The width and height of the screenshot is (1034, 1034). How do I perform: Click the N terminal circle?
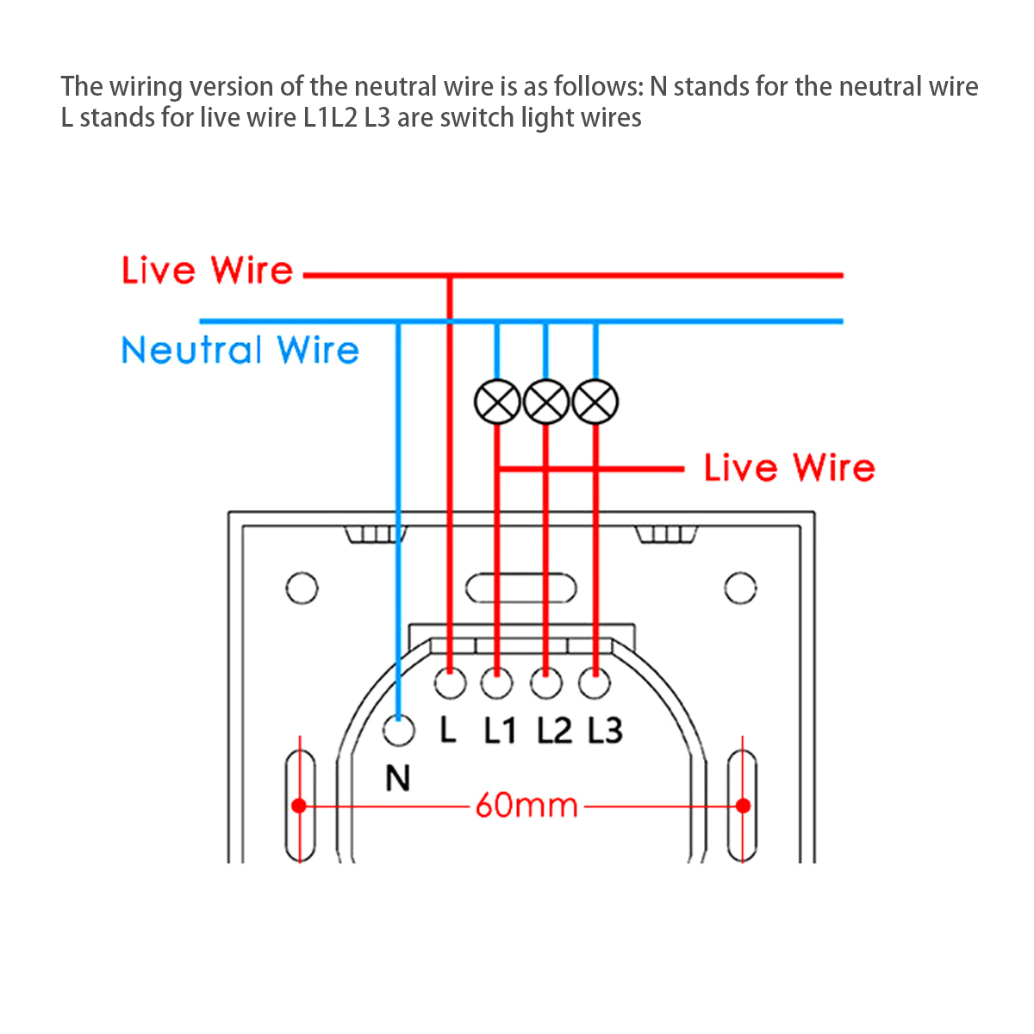point(398,732)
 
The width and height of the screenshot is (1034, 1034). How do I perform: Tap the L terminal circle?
point(450,684)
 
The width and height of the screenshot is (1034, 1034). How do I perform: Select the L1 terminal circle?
point(496,684)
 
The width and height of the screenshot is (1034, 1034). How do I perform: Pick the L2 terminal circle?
point(545,684)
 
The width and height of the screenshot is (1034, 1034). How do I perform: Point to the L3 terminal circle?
point(594,684)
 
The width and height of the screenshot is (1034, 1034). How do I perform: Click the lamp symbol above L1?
point(497,402)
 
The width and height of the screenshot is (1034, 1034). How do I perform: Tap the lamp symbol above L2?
point(546,402)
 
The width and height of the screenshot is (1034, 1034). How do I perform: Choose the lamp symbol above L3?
point(595,402)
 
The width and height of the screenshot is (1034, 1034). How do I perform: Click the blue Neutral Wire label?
point(240,351)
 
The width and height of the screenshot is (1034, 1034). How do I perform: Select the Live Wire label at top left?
point(208,271)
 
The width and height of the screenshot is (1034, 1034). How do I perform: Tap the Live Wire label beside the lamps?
point(789,468)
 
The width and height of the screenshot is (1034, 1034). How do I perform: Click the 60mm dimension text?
point(526,806)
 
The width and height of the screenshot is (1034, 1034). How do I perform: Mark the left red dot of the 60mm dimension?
point(299,806)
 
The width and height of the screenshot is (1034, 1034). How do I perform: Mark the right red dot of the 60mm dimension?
point(743,806)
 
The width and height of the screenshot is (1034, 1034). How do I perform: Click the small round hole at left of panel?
point(301,589)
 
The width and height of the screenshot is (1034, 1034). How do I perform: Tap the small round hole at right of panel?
point(740,589)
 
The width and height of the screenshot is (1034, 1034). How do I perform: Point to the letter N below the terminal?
point(397,779)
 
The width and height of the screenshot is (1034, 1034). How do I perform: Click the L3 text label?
point(606,731)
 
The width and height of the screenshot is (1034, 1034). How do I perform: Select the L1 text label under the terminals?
point(499,731)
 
